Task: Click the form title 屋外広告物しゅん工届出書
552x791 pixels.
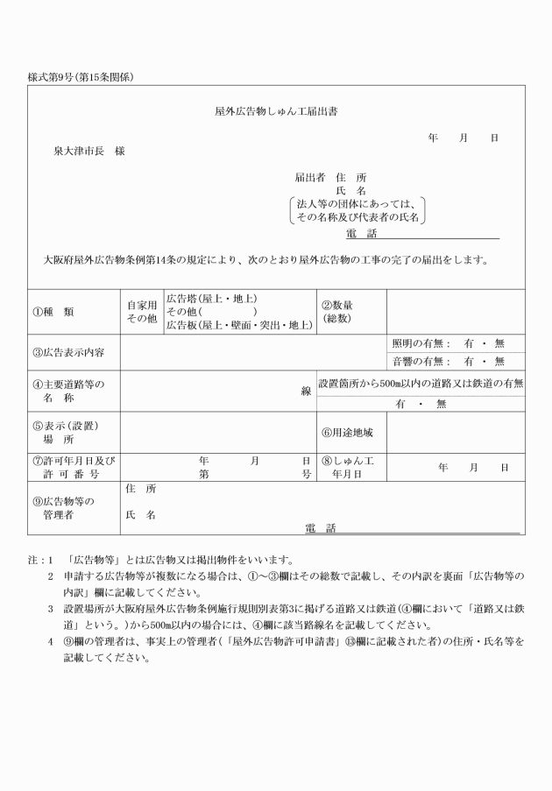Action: coord(277,112)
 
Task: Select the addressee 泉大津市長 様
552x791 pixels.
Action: coord(89,152)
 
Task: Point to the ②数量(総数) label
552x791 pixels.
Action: coord(338,311)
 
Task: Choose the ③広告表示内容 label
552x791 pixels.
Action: coord(68,352)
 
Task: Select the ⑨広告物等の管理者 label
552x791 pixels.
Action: coord(63,508)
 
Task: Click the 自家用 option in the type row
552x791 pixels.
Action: coord(140,304)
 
